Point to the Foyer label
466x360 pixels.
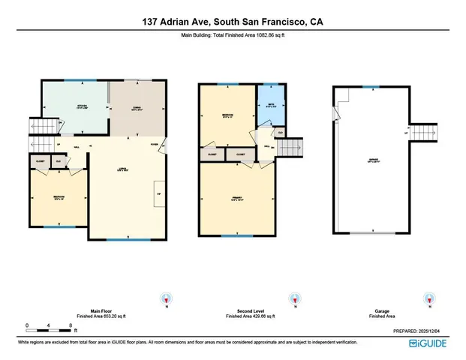154,145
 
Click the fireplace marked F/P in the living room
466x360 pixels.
158,193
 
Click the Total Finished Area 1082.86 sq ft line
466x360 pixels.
233,35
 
